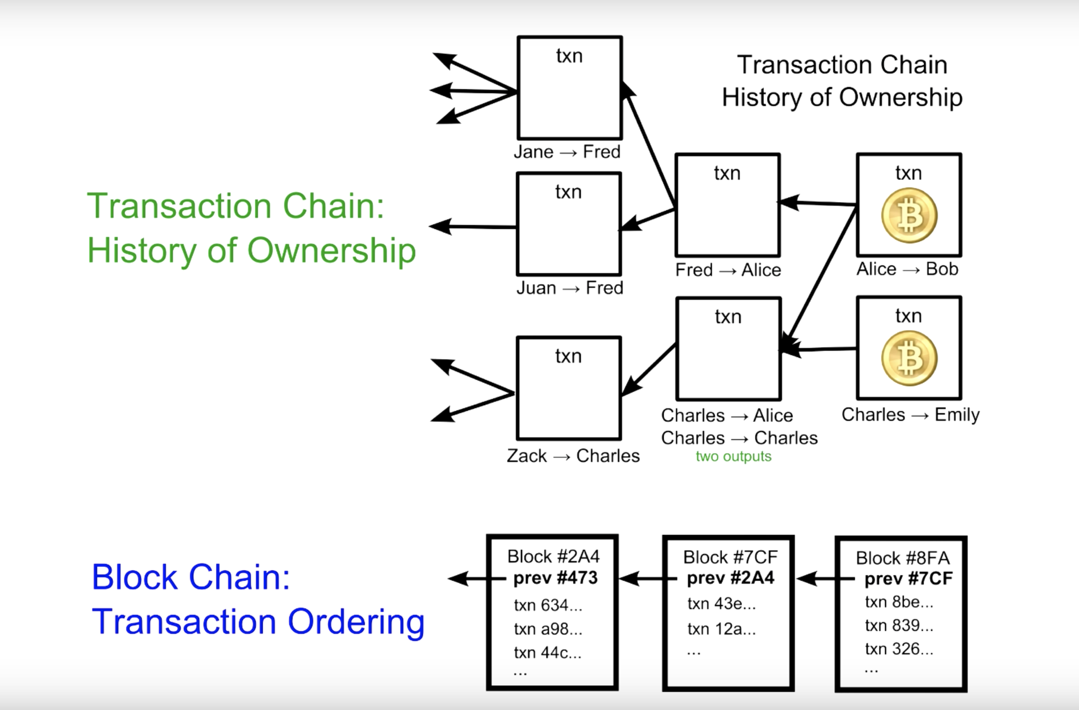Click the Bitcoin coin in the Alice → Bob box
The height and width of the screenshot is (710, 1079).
[909, 216]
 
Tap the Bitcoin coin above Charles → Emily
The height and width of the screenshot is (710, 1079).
[909, 359]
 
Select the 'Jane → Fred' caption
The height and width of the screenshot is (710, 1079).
[567, 152]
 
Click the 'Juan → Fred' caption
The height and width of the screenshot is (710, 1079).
[570, 288]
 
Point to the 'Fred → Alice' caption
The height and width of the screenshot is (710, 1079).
[728, 270]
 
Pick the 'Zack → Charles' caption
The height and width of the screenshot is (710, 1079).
[573, 455]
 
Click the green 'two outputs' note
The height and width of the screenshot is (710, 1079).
[733, 456]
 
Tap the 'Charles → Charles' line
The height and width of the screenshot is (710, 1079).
[739, 438]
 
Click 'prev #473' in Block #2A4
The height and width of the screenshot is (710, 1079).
[555, 578]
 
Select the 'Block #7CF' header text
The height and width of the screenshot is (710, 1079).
[730, 557]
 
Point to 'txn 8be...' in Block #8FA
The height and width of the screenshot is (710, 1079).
[899, 602]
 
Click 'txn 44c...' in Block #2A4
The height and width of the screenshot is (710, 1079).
[547, 652]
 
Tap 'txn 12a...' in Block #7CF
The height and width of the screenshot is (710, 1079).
[721, 628]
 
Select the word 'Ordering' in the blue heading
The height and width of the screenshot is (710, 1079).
[356, 622]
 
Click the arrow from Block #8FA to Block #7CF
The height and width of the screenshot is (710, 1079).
[824, 579]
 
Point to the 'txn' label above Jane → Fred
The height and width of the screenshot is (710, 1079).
[569, 56]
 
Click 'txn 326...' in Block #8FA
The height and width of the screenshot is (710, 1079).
[899, 648]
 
